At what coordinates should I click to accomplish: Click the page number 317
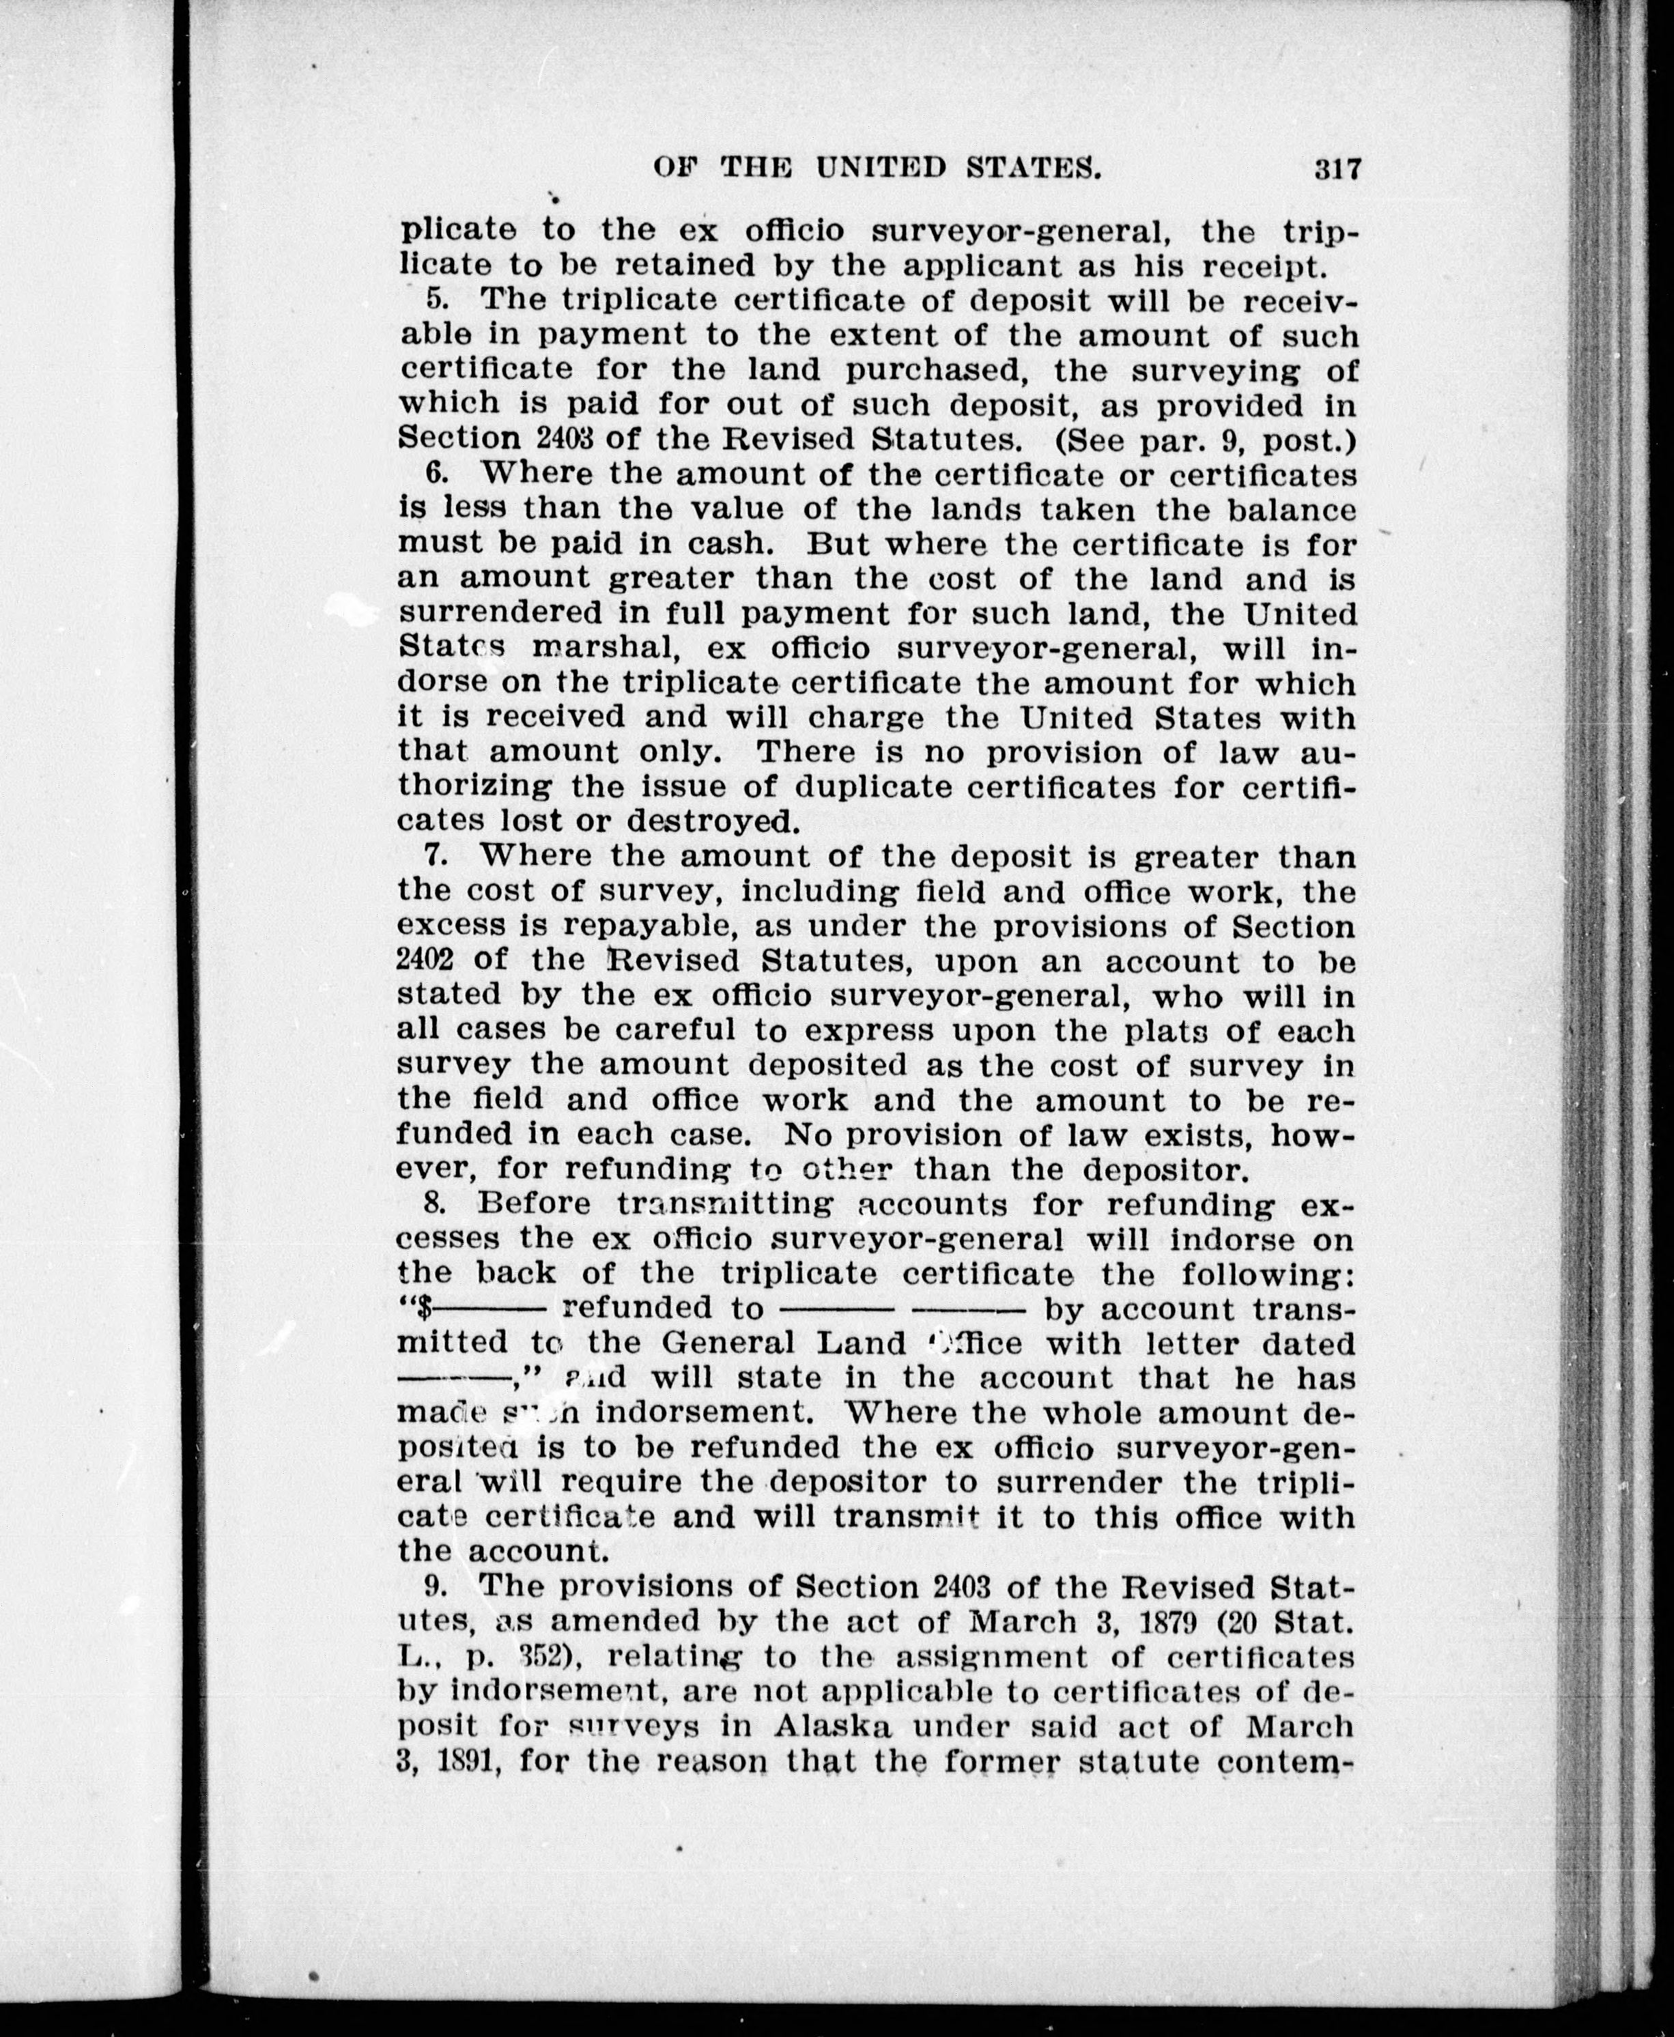(x=1335, y=170)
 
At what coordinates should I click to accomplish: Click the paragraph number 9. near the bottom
(x=436, y=1585)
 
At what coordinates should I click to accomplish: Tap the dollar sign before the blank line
(x=421, y=1308)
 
